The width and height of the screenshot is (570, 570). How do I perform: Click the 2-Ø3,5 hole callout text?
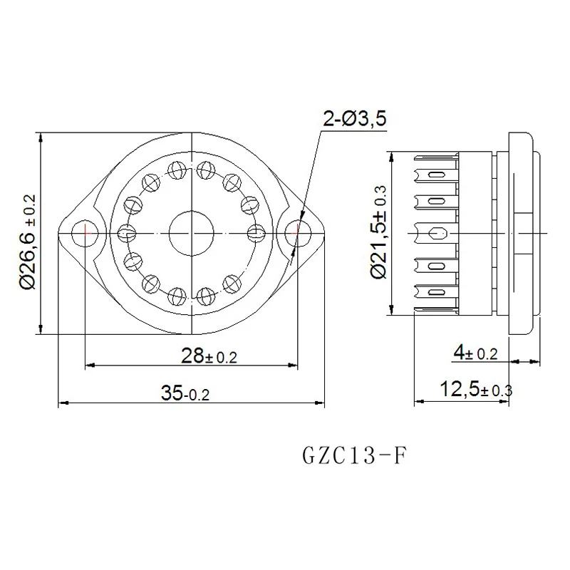pyautogui.click(x=354, y=118)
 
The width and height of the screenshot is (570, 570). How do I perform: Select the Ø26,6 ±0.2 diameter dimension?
pyautogui.click(x=28, y=242)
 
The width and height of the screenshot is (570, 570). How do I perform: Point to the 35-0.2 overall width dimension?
pyautogui.click(x=185, y=393)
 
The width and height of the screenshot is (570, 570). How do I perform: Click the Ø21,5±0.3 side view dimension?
pyautogui.click(x=378, y=232)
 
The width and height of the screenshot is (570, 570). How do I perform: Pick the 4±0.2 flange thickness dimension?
pyautogui.click(x=475, y=353)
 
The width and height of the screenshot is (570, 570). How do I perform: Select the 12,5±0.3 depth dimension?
pyautogui.click(x=476, y=389)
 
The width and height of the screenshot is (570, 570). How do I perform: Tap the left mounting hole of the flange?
pyautogui.click(x=85, y=233)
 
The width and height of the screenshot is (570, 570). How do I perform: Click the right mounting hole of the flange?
pyautogui.click(x=298, y=233)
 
